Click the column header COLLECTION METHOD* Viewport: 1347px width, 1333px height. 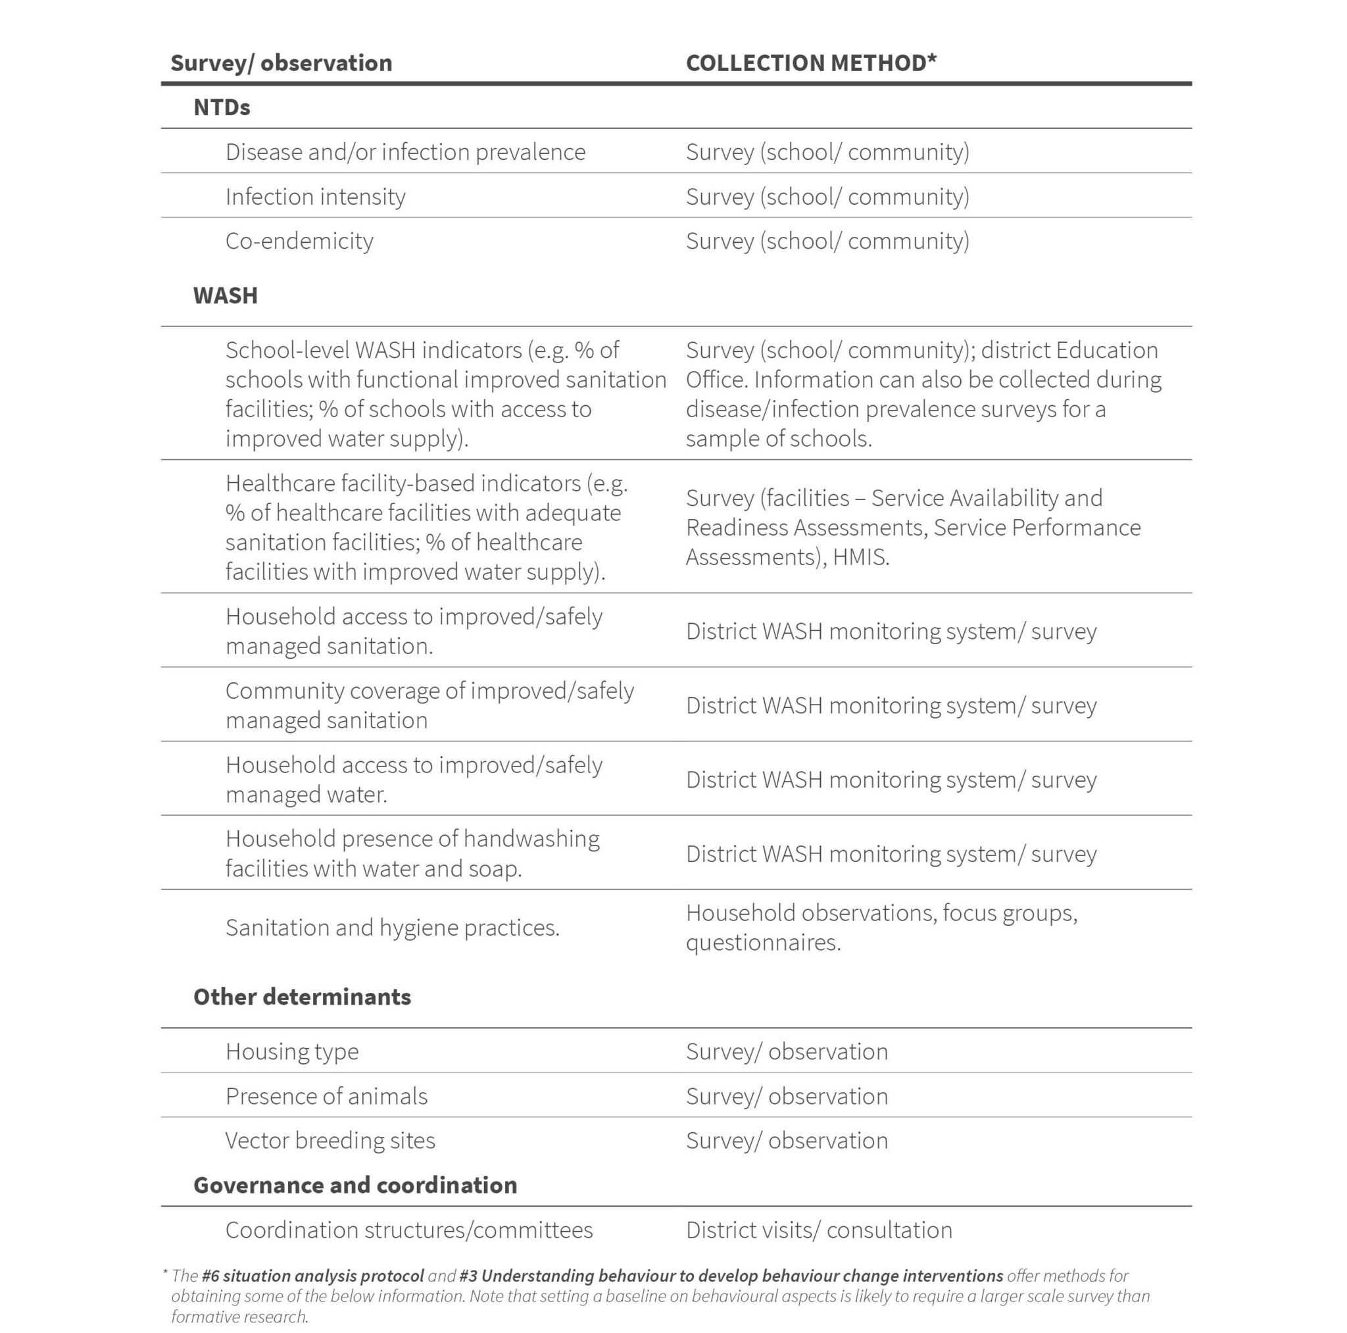tap(811, 63)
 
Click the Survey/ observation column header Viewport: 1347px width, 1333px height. tap(281, 63)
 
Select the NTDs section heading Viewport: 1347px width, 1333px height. tap(222, 107)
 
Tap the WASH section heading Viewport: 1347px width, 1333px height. tap(225, 296)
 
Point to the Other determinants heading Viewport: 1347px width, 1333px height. tap(302, 997)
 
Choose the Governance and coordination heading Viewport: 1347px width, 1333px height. tap(355, 1185)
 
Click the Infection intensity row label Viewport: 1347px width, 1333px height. tap(315, 197)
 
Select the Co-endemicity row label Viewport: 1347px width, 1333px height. tap(299, 241)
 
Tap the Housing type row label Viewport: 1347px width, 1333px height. tap(291, 1051)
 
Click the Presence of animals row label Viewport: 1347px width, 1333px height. tap(326, 1096)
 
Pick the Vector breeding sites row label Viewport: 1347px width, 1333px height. tap(330, 1140)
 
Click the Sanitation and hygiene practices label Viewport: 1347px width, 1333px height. tap(392, 928)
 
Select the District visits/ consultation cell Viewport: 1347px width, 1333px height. tap(818, 1230)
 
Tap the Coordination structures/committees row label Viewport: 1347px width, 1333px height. tap(408, 1230)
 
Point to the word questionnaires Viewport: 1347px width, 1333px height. tap(763, 943)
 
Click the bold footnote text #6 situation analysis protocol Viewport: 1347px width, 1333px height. tap(312, 1276)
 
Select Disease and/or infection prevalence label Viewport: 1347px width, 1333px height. tap(405, 152)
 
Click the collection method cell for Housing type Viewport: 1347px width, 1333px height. tap(787, 1051)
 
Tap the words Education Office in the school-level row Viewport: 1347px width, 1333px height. tap(1105, 351)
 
